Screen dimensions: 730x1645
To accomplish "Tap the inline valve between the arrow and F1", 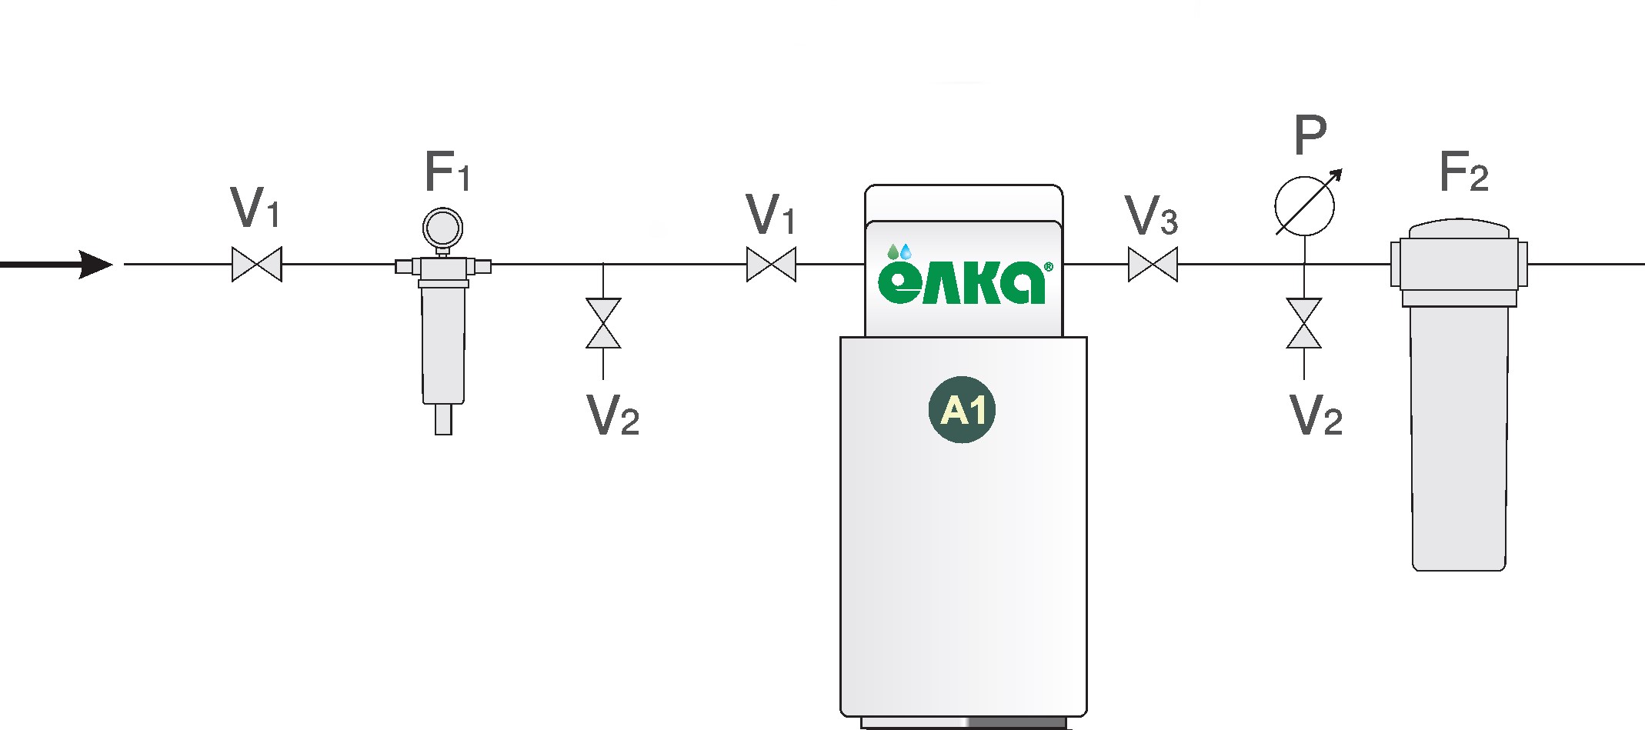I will point(257,265).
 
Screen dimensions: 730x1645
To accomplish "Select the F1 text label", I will point(446,172).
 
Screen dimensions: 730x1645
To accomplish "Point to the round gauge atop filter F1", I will point(442,228).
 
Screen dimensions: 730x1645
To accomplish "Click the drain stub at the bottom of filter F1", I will point(443,419).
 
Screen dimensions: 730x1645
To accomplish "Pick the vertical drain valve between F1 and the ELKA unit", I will point(603,323).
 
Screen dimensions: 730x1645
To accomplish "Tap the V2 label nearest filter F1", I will point(612,416).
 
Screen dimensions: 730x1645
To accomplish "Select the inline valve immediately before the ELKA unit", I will point(771,265).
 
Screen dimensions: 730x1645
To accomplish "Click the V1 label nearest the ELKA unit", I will point(770,215).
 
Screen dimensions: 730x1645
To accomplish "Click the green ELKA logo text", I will point(962,283).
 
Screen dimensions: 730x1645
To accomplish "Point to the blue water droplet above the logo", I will point(906,252).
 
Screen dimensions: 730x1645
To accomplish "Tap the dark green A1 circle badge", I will point(962,410).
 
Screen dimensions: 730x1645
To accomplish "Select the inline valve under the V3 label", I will point(1153,265).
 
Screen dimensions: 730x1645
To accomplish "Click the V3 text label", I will point(1151,215).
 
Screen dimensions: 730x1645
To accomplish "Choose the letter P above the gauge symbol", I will point(1310,135).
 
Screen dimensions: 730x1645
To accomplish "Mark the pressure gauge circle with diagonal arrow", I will point(1305,206).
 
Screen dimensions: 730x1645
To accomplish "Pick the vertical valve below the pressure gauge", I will point(1304,323).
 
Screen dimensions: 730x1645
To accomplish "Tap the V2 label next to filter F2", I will point(1316,416).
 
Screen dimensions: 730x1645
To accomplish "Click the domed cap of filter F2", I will point(1459,229).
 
